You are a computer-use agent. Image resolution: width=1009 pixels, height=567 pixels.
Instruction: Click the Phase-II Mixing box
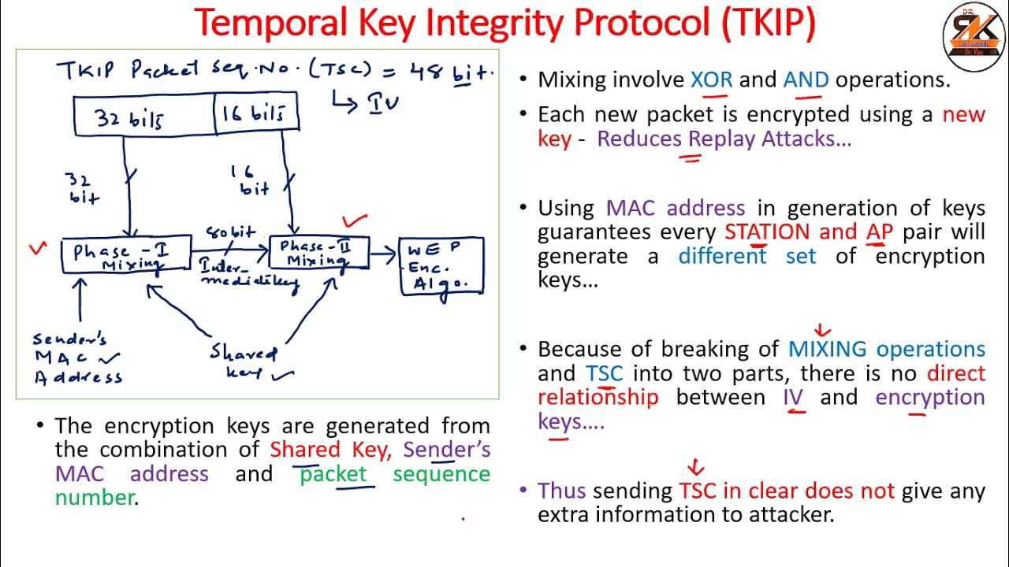coord(319,254)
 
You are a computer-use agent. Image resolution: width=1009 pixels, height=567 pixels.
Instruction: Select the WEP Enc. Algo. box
coord(441,266)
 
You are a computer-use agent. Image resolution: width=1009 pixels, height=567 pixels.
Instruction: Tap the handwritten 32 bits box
coord(143,117)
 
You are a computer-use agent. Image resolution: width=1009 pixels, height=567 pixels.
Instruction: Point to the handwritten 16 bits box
coord(256,113)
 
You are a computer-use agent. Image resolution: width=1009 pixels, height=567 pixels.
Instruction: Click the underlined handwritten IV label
coord(384,103)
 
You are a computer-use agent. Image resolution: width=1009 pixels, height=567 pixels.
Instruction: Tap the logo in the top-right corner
coord(974,37)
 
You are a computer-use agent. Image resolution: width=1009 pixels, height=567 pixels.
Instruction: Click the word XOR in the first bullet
coord(711,80)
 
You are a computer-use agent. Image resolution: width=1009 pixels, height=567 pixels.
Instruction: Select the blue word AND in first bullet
coord(805,80)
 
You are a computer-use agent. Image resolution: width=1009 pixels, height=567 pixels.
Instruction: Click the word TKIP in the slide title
coord(768,23)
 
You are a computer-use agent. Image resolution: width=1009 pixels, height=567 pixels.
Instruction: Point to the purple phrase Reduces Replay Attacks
coord(724,139)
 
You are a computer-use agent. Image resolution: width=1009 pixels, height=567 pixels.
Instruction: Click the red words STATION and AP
coord(808,232)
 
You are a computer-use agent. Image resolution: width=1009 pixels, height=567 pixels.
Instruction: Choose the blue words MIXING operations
coord(886,349)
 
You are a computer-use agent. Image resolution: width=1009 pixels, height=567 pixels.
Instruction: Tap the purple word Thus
coord(561,491)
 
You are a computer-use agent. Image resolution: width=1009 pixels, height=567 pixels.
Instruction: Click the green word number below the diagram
coord(94,498)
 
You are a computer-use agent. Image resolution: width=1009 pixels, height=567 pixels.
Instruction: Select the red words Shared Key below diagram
coord(329,450)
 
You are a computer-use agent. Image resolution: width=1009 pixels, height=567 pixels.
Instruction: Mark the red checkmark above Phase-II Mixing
coord(355,222)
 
